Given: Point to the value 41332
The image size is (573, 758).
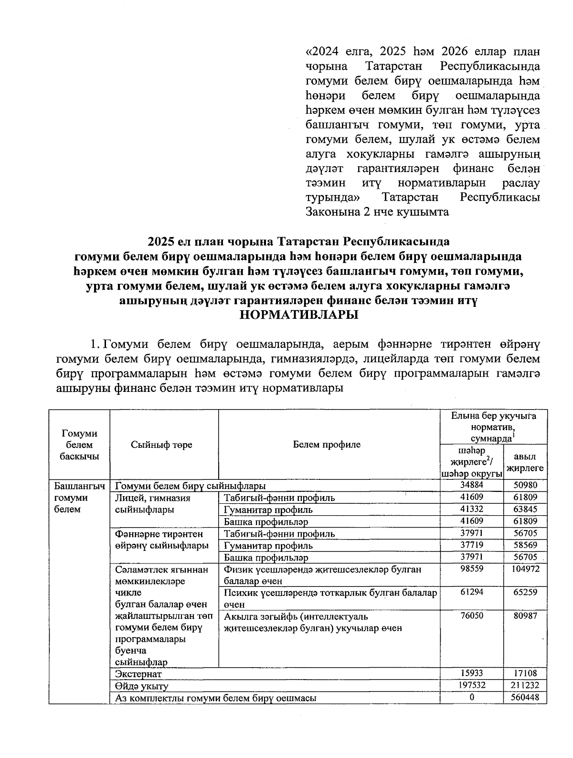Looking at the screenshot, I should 471,509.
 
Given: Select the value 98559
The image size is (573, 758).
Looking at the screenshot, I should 471,569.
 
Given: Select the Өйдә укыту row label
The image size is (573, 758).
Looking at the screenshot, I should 142,686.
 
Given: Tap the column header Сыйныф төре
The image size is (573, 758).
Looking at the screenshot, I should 161,444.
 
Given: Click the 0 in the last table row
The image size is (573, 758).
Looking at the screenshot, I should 471,697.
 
